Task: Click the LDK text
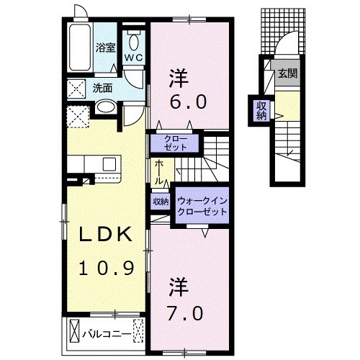pyautogui.click(x=106, y=235)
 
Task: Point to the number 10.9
pyautogui.click(x=106, y=268)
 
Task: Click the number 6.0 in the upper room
pyautogui.click(x=189, y=102)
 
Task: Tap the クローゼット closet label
pyautogui.click(x=175, y=142)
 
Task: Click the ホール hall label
pyautogui.click(x=158, y=173)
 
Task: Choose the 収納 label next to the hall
pyautogui.click(x=159, y=202)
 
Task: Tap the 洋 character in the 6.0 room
pyautogui.click(x=179, y=76)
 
